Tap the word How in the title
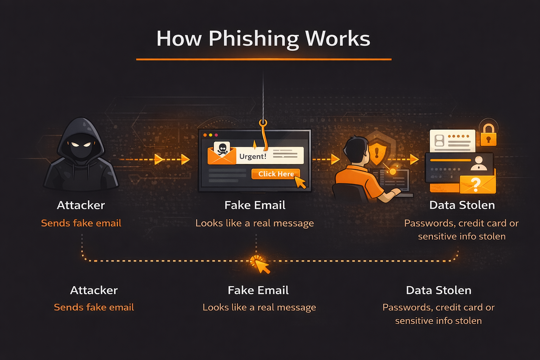pyautogui.click(x=179, y=39)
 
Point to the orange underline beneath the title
pyautogui.click(x=264, y=59)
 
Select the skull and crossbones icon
pyautogui.click(x=222, y=148)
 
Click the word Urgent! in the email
pyautogui.click(x=253, y=156)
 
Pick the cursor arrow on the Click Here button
pyautogui.click(x=300, y=182)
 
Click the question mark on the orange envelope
pyautogui.click(x=475, y=184)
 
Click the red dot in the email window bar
pyautogui.click(x=216, y=135)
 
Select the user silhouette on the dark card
pyautogui.click(x=478, y=163)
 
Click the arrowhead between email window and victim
pyautogui.click(x=335, y=159)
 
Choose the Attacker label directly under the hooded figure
pyautogui.click(x=81, y=205)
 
